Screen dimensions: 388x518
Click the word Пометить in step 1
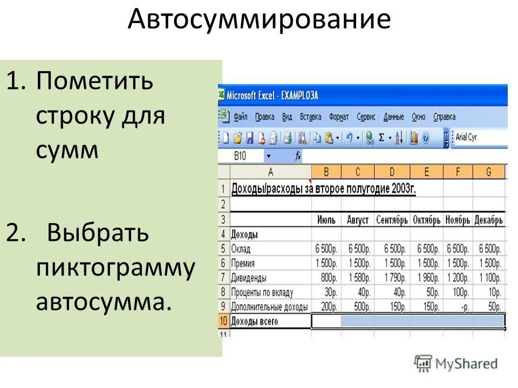pos(94,81)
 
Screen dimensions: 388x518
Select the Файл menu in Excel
pos(241,116)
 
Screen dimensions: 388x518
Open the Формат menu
pos(339,116)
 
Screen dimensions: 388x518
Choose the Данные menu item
pos(393,116)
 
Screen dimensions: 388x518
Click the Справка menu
pos(444,116)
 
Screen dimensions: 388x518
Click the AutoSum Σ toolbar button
pos(381,137)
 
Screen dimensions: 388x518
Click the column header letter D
pos(392,172)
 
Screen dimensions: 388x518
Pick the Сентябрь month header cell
pos(392,220)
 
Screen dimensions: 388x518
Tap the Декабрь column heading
pos(489,220)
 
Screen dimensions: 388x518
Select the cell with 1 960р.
pos(427,278)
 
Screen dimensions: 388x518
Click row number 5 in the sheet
pos(223,249)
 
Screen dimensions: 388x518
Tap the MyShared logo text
pos(467,364)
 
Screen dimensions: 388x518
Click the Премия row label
pos(243,264)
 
